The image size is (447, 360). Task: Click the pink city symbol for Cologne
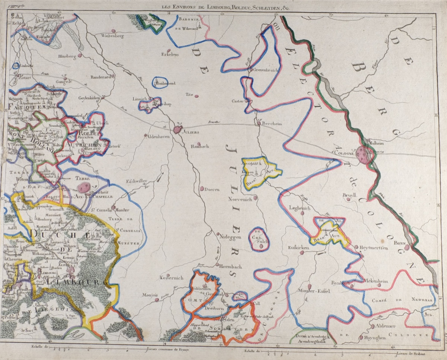pos(363,153)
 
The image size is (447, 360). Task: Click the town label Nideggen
pos(231,236)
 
